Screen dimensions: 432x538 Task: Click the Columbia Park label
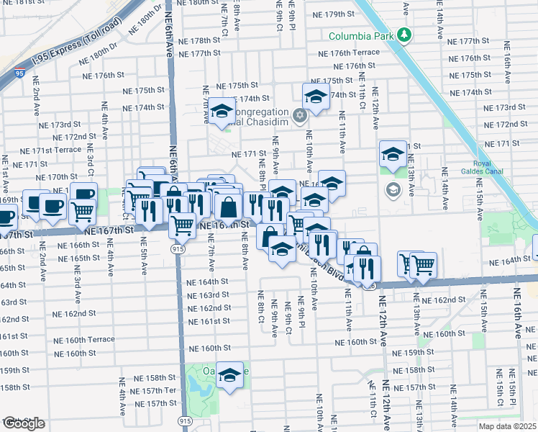363,35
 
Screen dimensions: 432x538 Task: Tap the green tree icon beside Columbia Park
405,35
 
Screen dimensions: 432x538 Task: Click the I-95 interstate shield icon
18,73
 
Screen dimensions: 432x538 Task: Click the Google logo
23,423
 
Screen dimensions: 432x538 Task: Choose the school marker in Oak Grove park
230,376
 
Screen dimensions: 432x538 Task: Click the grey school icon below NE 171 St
393,190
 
